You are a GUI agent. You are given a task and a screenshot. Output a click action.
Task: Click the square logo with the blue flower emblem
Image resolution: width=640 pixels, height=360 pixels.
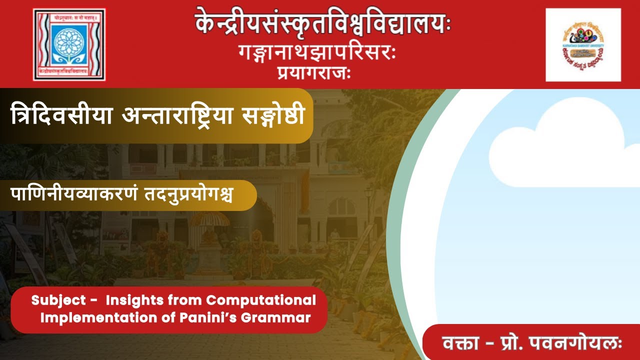click(69, 44)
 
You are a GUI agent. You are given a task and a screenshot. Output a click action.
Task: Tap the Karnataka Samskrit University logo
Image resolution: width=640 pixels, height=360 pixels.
click(583, 44)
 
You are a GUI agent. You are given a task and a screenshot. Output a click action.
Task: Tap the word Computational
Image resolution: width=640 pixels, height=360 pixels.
click(261, 300)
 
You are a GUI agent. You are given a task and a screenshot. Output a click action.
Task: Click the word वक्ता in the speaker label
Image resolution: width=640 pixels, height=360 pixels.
click(459, 344)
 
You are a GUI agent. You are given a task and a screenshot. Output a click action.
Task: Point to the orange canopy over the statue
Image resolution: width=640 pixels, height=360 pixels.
click(208, 218)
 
